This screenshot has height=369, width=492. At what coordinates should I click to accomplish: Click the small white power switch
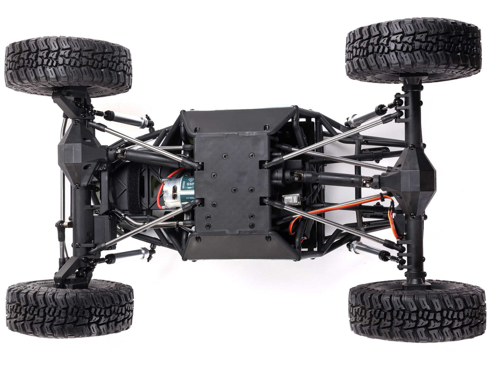point(292,199)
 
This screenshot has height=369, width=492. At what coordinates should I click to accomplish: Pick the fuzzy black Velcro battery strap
point(133,189)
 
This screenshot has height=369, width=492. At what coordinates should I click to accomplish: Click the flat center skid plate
point(231,182)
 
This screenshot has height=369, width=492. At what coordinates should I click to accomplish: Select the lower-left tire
point(70,309)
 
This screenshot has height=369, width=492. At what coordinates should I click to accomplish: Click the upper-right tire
point(413,50)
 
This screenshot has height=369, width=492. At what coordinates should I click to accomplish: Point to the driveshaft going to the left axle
point(150,156)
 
